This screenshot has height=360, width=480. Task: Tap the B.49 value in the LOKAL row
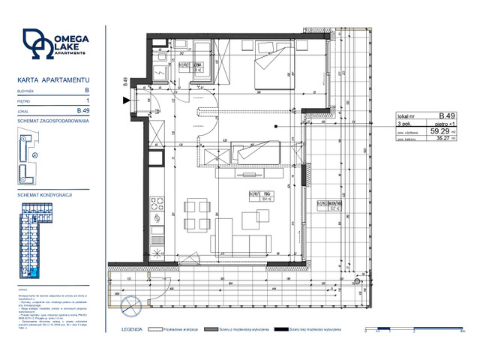83,110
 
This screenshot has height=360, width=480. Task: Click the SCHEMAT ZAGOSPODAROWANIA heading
53,121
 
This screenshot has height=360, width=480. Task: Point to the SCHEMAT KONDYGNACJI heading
44,194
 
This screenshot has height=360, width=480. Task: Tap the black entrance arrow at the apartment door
135,97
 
